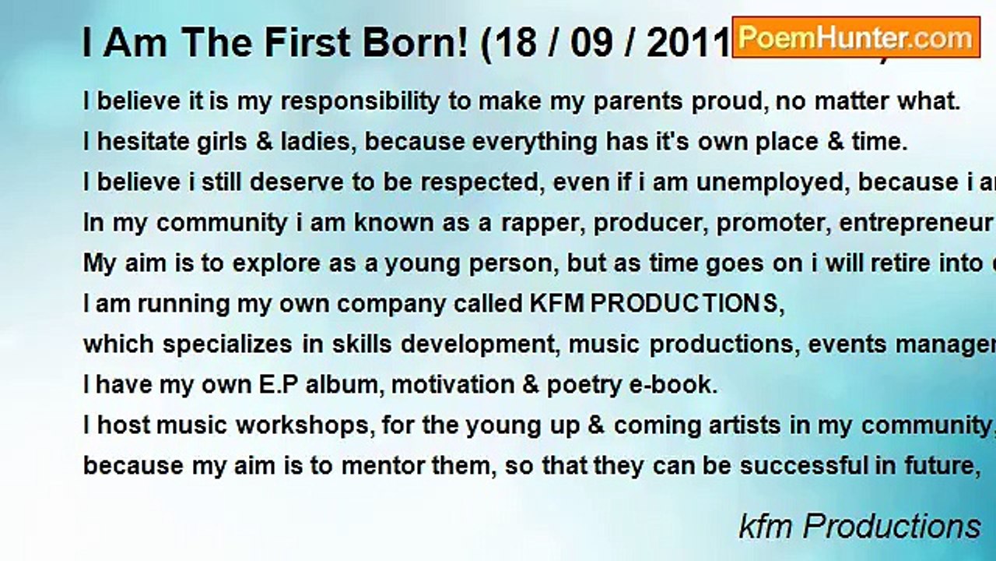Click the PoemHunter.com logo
855,37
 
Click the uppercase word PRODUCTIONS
685,304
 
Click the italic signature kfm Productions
860,527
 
